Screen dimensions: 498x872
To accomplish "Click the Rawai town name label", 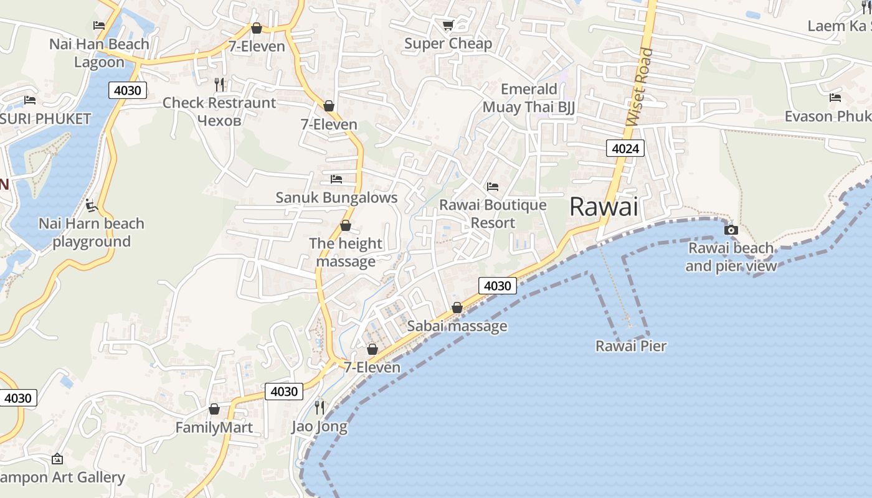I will coord(604,207).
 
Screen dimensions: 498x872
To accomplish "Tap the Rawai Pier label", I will coord(630,346).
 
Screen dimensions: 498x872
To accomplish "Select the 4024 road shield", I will coord(625,148).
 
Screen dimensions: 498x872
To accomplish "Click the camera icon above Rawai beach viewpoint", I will coord(731,230).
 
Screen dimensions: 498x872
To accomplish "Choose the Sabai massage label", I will coord(457,326).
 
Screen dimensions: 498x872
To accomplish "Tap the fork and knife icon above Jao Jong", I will coord(320,408).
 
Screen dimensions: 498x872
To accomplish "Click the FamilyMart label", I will coord(214,427).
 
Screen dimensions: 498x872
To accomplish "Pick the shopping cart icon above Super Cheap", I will coord(448,25).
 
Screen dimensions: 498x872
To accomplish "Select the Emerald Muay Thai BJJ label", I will coord(528,98).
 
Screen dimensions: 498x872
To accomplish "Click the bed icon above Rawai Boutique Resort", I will coord(493,186).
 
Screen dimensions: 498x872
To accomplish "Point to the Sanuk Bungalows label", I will coord(336,198).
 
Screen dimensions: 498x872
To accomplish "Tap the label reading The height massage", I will coord(346,252).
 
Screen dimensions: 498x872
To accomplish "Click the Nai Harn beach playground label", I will coord(92,232).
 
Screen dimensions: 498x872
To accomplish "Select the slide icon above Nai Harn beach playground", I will coord(92,205).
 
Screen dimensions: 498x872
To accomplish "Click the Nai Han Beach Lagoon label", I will coord(100,53).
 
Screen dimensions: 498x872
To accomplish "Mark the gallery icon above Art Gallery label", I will coord(57,459).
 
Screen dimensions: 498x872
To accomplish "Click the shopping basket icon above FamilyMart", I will coord(214,409).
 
